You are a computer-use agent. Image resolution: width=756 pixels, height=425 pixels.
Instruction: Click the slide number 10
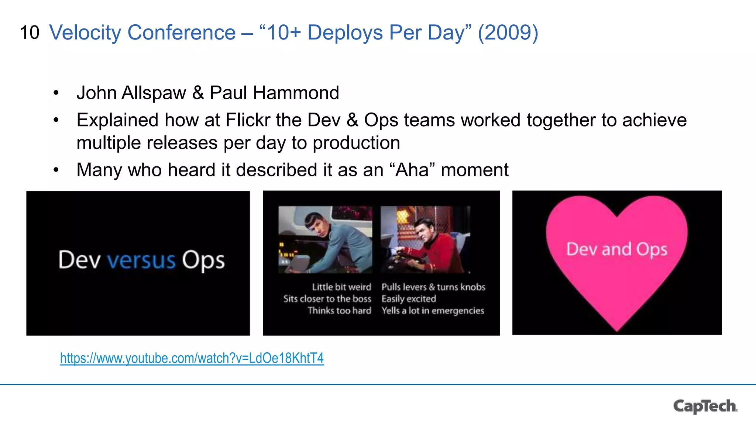(x=30, y=33)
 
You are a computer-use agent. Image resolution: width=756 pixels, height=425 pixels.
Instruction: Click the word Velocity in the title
(x=85, y=33)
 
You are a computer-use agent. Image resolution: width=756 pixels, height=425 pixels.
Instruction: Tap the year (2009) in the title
(x=508, y=33)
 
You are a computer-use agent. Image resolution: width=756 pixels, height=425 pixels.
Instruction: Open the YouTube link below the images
(x=192, y=358)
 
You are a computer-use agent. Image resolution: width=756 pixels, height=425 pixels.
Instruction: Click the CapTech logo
(x=705, y=406)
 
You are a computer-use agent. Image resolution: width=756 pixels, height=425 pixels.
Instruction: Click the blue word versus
(x=141, y=260)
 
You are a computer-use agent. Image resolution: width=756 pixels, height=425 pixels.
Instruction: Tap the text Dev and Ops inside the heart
(x=617, y=249)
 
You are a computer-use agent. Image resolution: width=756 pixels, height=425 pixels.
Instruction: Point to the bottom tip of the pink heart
(x=617, y=329)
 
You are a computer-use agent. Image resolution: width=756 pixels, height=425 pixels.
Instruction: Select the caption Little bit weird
(x=341, y=287)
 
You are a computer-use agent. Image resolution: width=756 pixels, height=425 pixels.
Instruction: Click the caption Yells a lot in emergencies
(x=433, y=311)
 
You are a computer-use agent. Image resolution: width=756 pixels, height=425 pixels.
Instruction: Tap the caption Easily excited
(x=409, y=299)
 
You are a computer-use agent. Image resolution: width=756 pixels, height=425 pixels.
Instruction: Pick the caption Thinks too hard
(x=339, y=311)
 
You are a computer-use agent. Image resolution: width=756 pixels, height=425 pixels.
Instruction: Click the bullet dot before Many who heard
(x=56, y=170)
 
